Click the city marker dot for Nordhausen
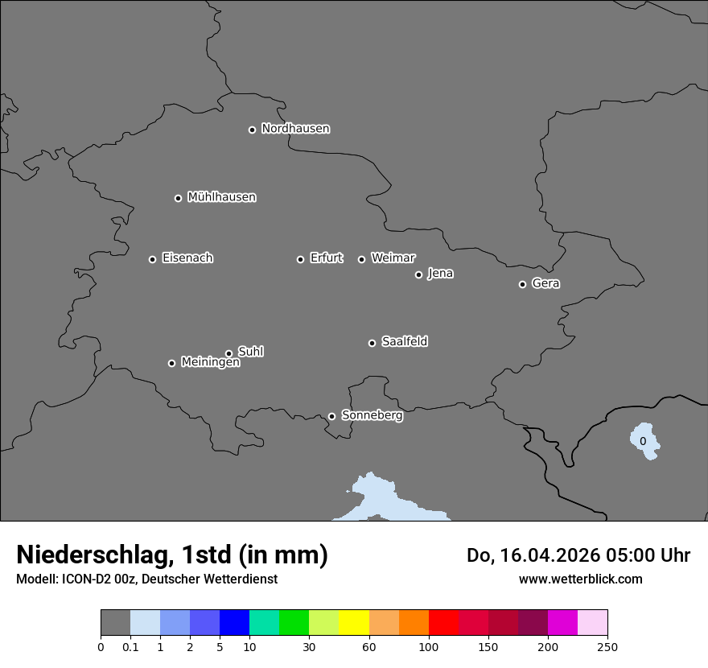coord(252,130)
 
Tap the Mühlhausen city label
coord(221,197)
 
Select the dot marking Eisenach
coord(152,259)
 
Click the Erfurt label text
coord(326,258)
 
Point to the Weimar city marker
coord(361,259)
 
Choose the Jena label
coord(440,274)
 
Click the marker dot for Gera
coord(522,284)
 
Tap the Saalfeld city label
coord(404,342)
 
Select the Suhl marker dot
coord(228,353)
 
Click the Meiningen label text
coord(210,363)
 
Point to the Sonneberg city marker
coord(331,416)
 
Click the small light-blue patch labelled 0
coord(644,441)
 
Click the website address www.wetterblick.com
coord(580,579)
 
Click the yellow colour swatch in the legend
coord(353,623)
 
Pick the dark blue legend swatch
coord(234,623)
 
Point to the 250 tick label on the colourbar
coord(607,646)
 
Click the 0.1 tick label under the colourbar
coord(130,646)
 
